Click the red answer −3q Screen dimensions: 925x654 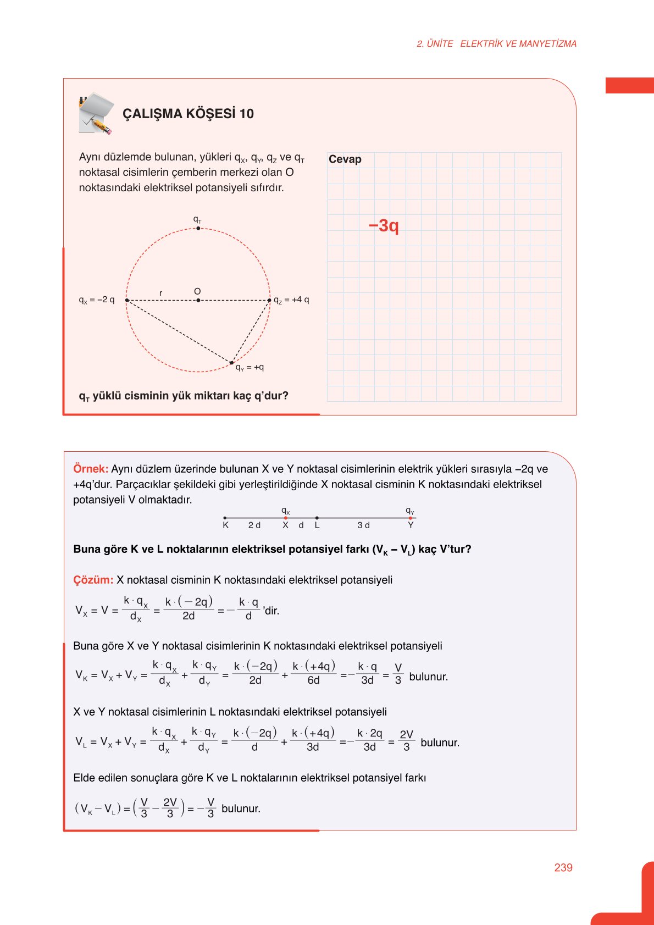[384, 225]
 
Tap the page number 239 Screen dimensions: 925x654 [563, 867]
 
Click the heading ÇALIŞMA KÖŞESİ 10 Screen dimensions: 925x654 [188, 114]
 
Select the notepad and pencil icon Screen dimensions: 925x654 [96, 114]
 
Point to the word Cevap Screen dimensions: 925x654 [345, 159]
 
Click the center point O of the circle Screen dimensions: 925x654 [198, 300]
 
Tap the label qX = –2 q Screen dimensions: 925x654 [97, 300]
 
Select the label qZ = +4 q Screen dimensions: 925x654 [291, 300]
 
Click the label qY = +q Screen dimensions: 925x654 [250, 368]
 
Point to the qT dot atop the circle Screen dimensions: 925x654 [198, 228]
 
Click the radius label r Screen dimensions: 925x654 [160, 293]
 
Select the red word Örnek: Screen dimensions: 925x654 [91, 469]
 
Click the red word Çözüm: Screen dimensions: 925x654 [93, 580]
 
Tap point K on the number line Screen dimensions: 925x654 [225, 525]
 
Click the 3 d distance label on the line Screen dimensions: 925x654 [363, 525]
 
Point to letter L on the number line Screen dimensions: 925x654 [317, 525]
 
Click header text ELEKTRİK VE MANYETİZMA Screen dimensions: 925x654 [518, 44]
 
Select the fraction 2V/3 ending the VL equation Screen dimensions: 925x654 [406, 741]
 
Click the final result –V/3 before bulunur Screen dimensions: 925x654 [207, 808]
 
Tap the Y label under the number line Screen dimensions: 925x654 [411, 525]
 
